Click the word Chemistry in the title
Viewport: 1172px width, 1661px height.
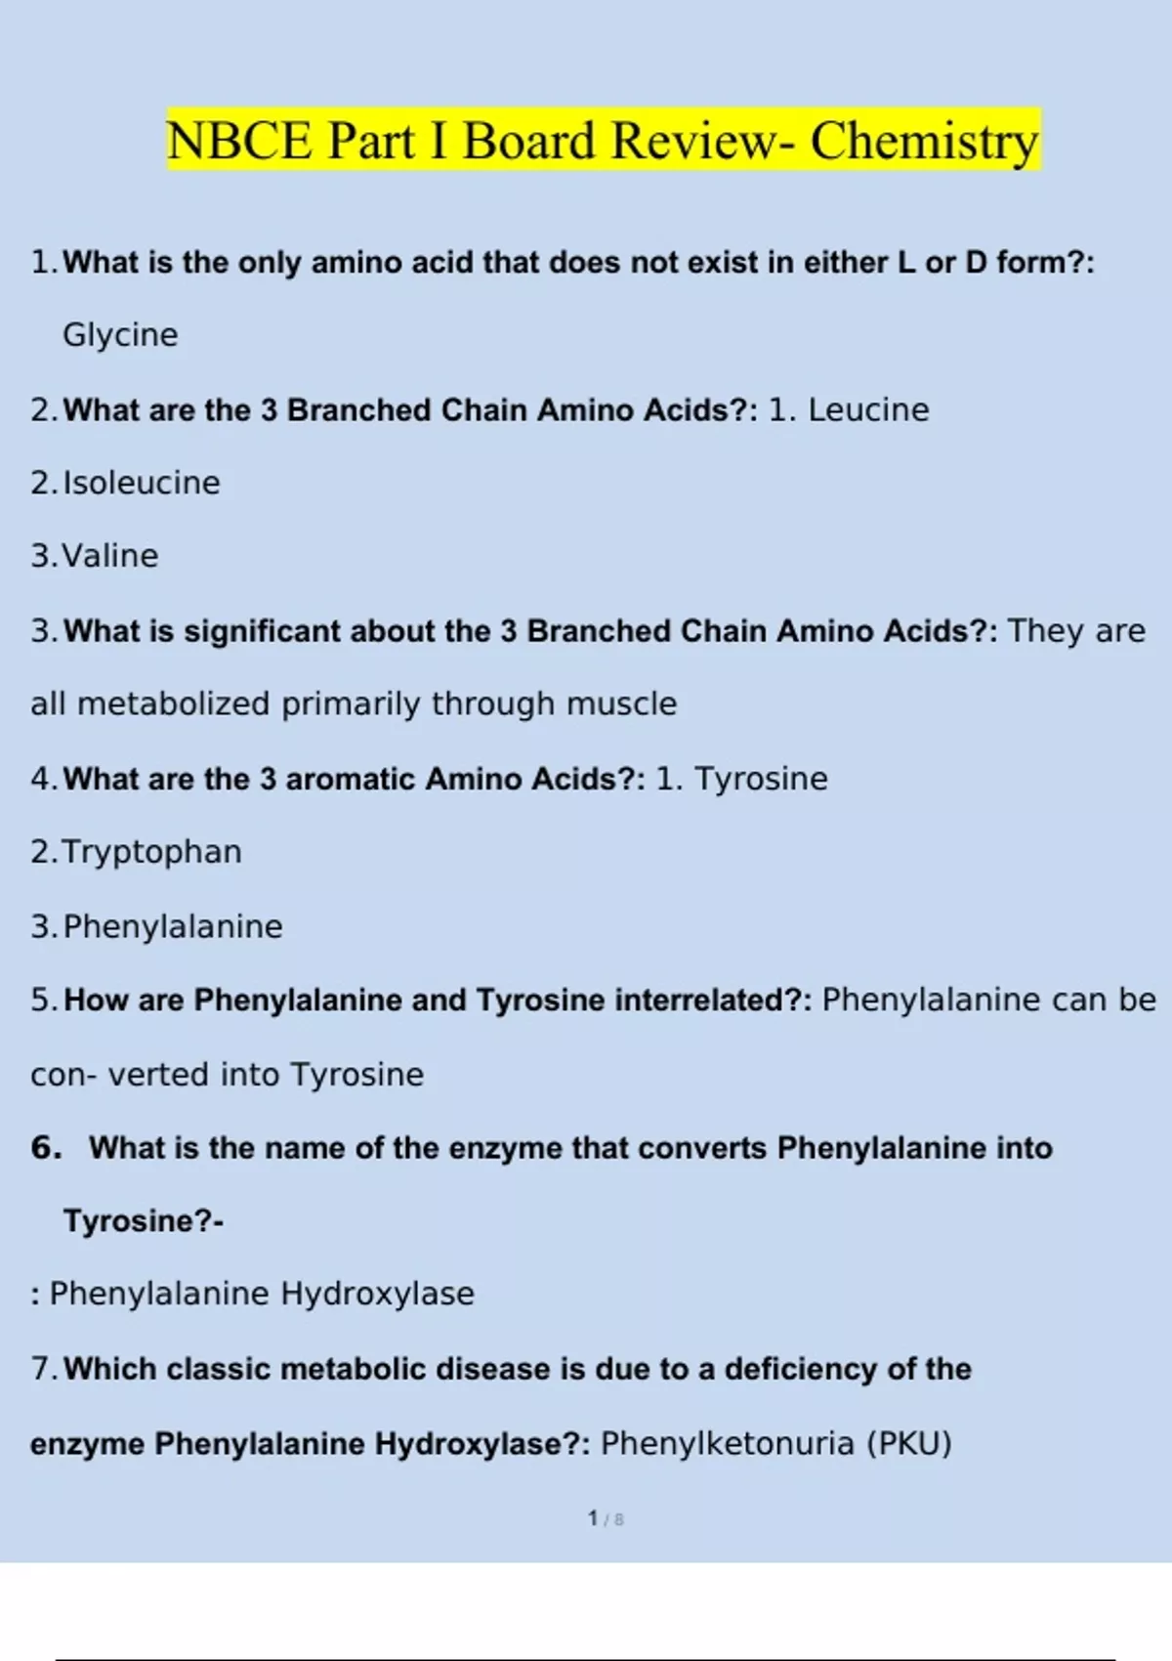click(x=924, y=141)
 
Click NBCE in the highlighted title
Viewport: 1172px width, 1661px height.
click(x=239, y=141)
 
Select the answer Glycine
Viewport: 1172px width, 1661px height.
click(x=120, y=335)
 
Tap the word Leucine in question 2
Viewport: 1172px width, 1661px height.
click(x=868, y=410)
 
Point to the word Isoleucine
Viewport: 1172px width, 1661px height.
click(x=142, y=483)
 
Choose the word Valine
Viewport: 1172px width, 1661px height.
click(x=109, y=556)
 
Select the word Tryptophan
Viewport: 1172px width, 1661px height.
click(x=151, y=852)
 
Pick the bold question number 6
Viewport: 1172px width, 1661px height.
click(x=45, y=1147)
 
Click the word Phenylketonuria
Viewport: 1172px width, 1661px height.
click(x=727, y=1443)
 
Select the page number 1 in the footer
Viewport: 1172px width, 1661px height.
click(x=593, y=1518)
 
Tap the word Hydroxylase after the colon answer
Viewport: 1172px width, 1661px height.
click(x=377, y=1294)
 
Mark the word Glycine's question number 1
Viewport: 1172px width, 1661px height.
click(x=43, y=262)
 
